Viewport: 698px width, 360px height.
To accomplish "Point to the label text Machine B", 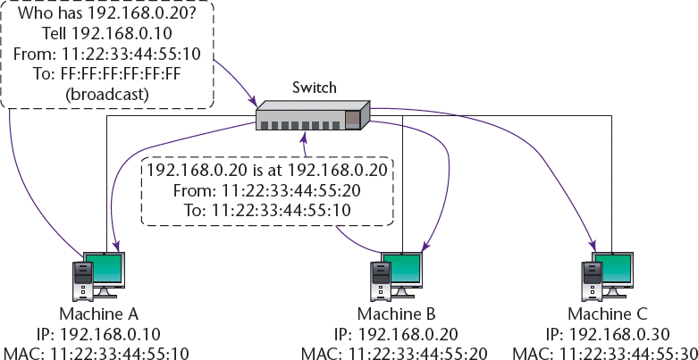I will (396, 314).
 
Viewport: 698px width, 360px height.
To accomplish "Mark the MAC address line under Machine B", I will (396, 351).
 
